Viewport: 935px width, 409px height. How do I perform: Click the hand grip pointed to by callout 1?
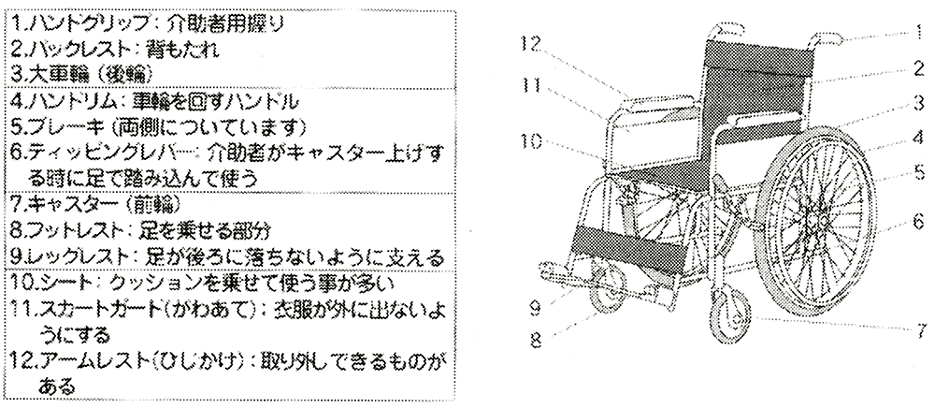point(830,37)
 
